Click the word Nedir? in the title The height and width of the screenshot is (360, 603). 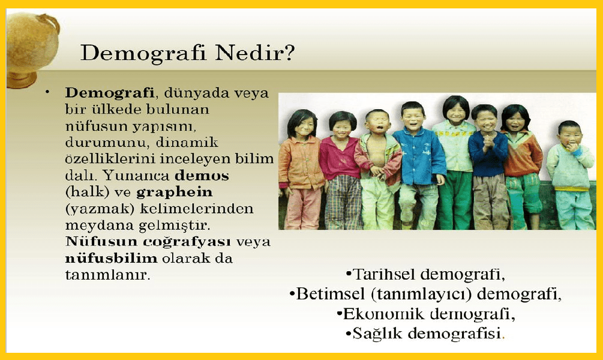coord(255,53)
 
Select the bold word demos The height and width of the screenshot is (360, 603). coord(202,176)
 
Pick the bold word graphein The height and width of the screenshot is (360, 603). coord(174,193)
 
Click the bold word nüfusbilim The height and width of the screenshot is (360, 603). coord(112,258)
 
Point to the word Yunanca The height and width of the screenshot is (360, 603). coord(136,176)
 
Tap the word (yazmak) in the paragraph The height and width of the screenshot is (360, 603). coord(100,209)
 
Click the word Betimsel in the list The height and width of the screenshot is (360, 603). coord(331,293)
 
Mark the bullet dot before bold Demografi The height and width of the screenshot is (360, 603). coord(47,92)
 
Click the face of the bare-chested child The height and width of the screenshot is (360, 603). coord(377,122)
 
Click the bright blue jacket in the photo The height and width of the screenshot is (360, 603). coord(420,157)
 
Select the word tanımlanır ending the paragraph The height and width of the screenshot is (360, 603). coord(107,275)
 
